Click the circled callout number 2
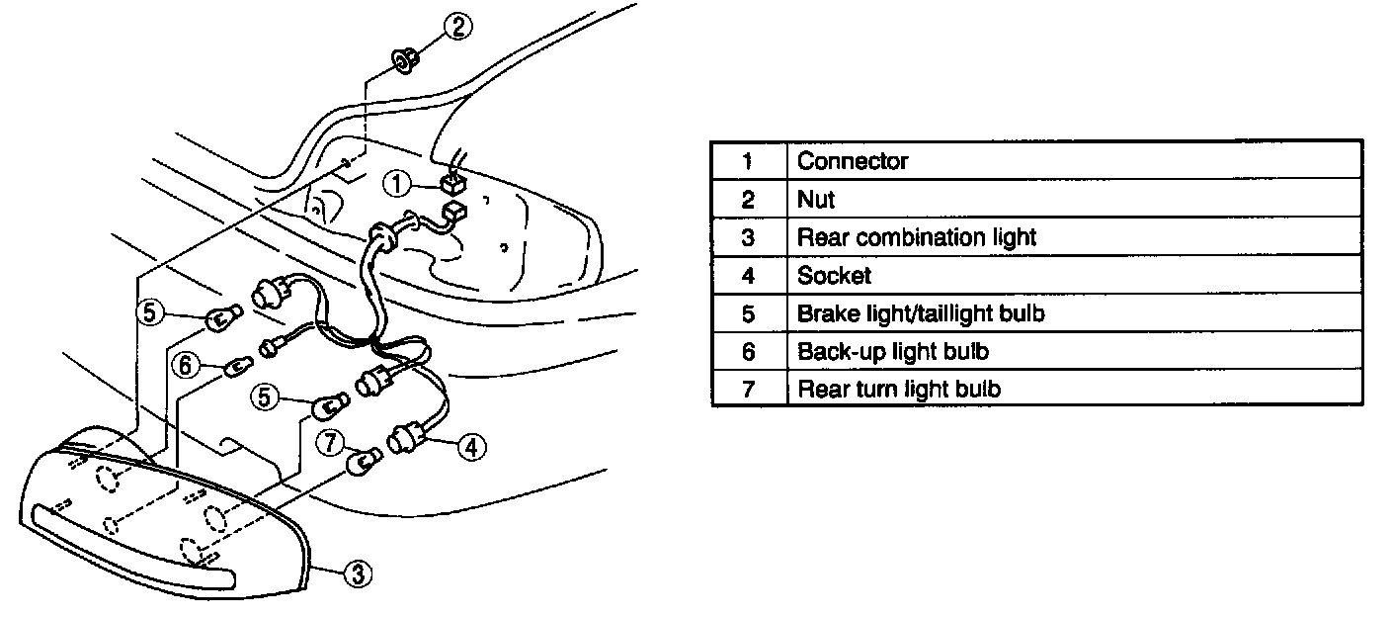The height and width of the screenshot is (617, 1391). tap(457, 27)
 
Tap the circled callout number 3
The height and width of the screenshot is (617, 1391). tap(359, 572)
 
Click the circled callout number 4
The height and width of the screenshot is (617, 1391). tap(471, 447)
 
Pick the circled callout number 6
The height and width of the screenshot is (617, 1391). tap(183, 365)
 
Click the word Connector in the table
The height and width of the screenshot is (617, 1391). tap(853, 161)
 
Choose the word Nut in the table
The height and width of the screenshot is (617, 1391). tap(816, 200)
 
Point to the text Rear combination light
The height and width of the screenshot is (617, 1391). tap(917, 237)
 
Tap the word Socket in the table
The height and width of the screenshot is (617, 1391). tap(834, 276)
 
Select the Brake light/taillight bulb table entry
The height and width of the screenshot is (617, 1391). tap(921, 313)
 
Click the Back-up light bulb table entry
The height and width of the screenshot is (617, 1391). tap(893, 351)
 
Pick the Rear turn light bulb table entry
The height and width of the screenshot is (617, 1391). tap(899, 389)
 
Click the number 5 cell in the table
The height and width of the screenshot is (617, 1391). tap(748, 313)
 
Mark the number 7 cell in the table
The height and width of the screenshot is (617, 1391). tap(748, 389)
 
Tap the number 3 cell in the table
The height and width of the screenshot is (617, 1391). tap(748, 237)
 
